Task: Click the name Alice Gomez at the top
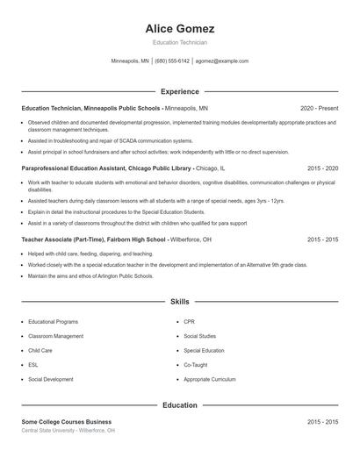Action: (180, 28)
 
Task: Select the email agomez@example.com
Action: (222, 61)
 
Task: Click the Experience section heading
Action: (180, 91)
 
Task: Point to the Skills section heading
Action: (180, 302)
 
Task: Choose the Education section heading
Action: (180, 405)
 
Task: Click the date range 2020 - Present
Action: (319, 108)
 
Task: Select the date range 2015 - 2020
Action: (322, 167)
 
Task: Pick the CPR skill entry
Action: (189, 322)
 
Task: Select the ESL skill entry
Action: (33, 364)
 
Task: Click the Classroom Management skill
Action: (56, 336)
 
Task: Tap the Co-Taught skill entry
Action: (196, 364)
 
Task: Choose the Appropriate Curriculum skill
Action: (210, 379)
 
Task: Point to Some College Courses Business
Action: (61, 422)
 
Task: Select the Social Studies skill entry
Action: (199, 336)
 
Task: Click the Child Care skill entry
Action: (40, 350)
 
